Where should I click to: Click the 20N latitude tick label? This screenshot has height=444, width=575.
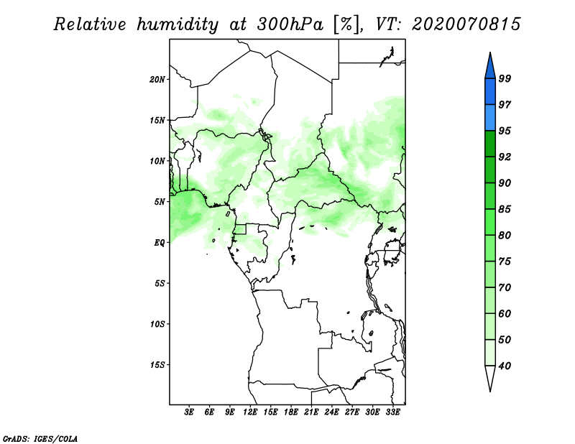coord(157,79)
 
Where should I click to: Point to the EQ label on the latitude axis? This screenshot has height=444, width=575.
coord(160,242)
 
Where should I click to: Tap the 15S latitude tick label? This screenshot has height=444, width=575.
coord(157,365)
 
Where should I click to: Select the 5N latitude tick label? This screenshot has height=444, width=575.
coord(160,202)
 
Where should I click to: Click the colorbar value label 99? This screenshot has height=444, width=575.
coord(505,78)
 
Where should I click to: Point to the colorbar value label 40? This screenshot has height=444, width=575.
coord(505,366)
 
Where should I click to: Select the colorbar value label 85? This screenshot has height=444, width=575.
coord(505,209)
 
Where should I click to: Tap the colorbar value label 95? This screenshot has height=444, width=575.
coord(505,131)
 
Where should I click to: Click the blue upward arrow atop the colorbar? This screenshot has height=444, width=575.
coord(489,65)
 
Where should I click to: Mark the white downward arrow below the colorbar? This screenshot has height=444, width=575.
coord(489,378)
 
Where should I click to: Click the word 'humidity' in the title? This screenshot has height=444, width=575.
coord(175,24)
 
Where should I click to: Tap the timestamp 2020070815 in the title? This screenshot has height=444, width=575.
coord(466,24)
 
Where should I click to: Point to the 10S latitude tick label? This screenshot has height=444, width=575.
coord(157,324)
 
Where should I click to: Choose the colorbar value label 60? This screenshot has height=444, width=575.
coord(505,314)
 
